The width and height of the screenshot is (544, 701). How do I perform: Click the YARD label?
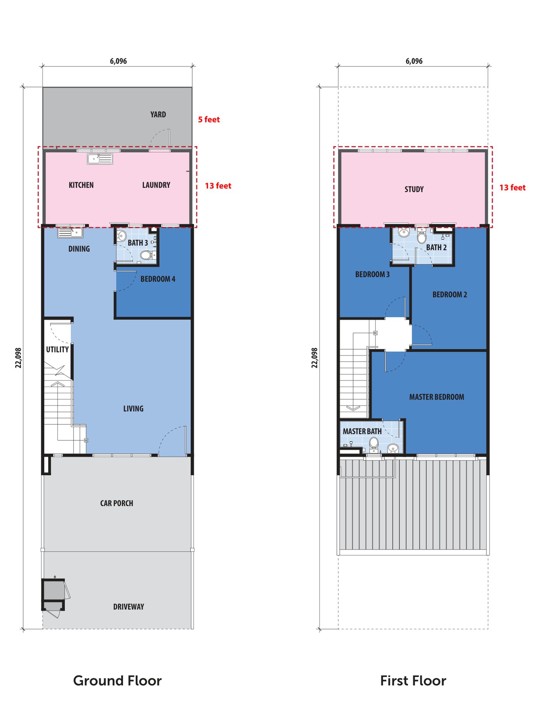158,115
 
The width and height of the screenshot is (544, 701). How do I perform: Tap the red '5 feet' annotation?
209,120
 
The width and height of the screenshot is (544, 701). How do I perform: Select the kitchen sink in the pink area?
100,159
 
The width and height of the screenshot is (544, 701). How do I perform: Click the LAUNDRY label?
156,185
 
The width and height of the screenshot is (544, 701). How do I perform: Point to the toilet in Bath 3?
146,255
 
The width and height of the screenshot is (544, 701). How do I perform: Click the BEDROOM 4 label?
158,279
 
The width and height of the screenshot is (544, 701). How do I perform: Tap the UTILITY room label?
58,349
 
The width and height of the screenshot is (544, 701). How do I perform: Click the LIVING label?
133,409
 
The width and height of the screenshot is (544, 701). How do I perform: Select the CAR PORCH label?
117,503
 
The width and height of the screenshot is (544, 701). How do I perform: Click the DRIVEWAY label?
129,607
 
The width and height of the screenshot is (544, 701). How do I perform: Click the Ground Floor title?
117,680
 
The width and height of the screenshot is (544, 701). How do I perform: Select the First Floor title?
413,680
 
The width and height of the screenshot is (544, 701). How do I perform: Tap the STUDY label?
414,189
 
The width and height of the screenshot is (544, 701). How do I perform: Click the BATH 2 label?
436,248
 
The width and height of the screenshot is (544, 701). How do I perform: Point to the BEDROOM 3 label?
372,274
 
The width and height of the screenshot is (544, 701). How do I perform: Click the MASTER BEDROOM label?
437,397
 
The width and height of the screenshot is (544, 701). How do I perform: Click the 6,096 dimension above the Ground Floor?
118,61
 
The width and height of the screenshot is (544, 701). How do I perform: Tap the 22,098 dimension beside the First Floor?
315,358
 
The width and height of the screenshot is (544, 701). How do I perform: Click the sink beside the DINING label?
70,233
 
